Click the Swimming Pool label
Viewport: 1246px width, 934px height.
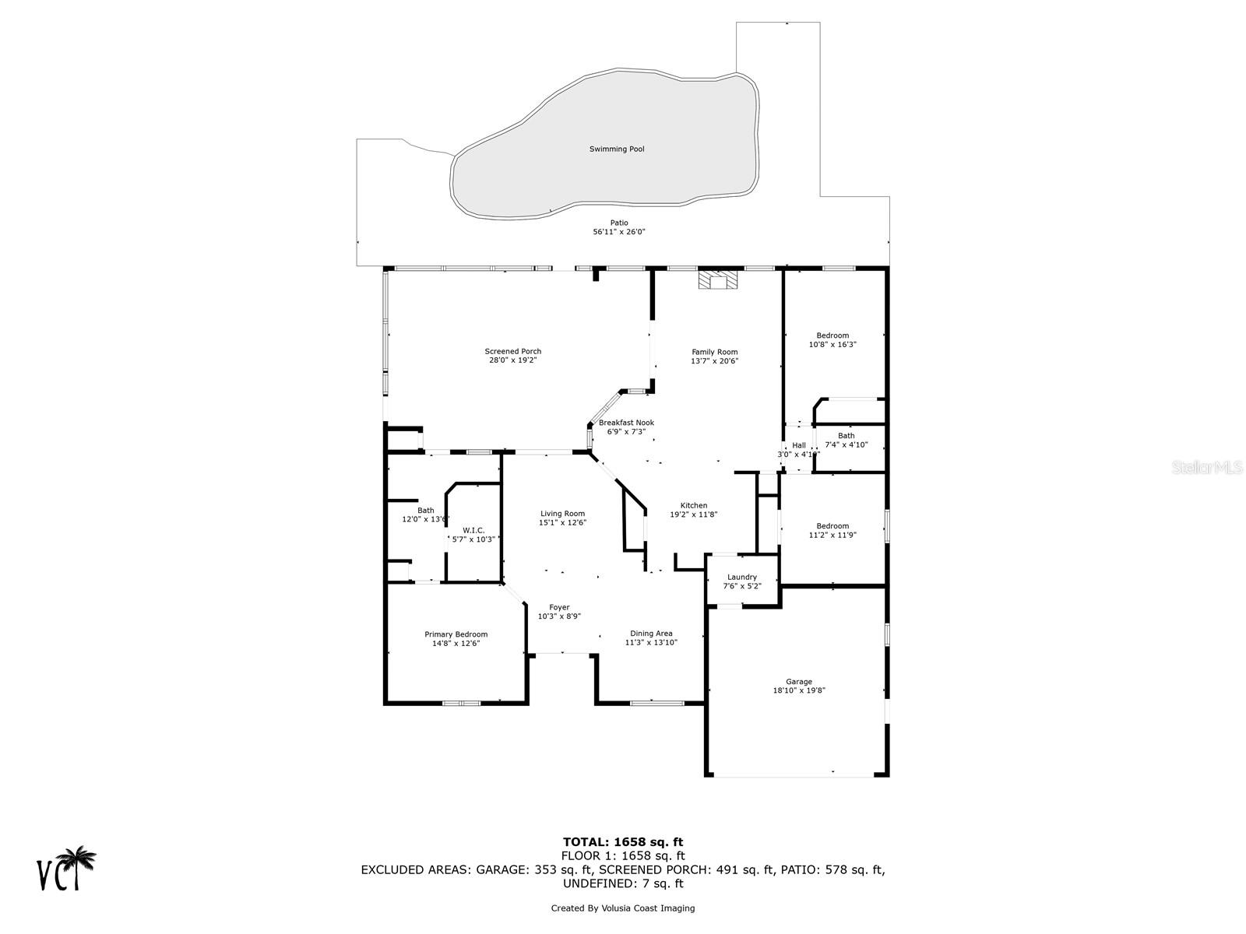(617, 149)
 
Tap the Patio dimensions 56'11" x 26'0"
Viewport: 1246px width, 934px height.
(619, 232)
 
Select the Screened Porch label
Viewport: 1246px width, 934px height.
(513, 352)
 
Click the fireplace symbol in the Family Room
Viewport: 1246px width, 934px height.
(716, 280)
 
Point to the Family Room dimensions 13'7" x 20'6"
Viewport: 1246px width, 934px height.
(714, 361)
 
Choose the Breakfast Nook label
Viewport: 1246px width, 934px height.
(626, 423)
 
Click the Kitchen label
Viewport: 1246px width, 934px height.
(694, 505)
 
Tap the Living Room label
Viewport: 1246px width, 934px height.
(562, 514)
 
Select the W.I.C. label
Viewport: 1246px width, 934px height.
(473, 530)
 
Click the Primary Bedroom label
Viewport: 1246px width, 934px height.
(456, 634)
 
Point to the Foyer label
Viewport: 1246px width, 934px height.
(559, 607)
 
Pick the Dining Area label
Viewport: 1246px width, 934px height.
(651, 634)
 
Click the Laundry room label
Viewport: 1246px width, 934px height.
(742, 578)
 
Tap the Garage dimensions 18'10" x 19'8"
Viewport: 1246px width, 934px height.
(798, 690)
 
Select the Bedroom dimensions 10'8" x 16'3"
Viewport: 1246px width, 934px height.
(832, 345)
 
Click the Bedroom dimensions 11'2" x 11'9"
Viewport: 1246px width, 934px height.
(832, 535)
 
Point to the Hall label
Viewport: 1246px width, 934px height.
(799, 445)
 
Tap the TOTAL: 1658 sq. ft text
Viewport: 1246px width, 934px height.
(623, 841)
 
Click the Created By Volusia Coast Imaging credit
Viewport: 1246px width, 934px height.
(623, 908)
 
